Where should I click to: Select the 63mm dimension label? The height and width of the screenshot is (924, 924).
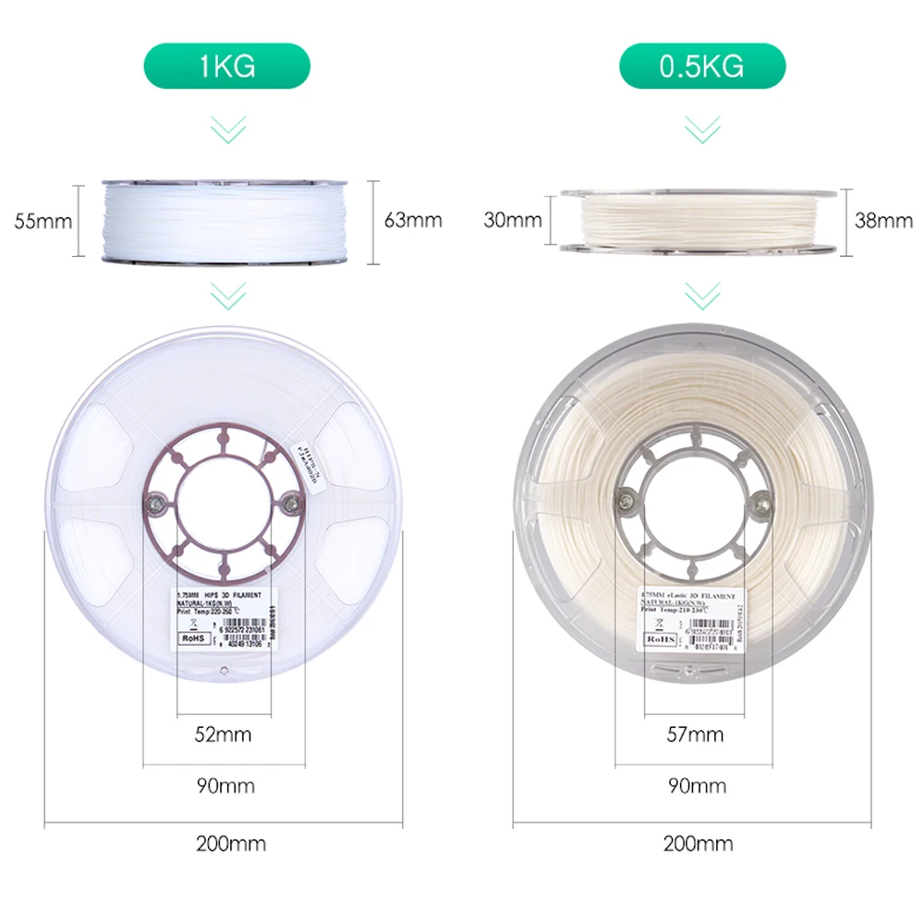point(413,221)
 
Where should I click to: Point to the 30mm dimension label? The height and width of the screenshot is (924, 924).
point(512,221)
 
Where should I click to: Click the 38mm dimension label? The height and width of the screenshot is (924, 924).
point(883,221)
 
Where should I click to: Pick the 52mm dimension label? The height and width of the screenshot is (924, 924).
point(223,736)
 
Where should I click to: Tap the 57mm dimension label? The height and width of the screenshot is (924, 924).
point(695,736)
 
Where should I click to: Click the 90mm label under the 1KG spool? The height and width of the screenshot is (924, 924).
point(225,786)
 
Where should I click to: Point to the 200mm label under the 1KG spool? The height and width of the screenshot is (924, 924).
point(231,844)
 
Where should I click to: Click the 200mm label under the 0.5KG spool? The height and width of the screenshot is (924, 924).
point(698,844)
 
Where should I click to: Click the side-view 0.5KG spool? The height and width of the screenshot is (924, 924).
point(702,221)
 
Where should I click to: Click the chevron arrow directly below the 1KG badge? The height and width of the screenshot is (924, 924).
point(227,128)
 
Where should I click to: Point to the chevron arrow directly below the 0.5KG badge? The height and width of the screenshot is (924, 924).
point(701,128)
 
